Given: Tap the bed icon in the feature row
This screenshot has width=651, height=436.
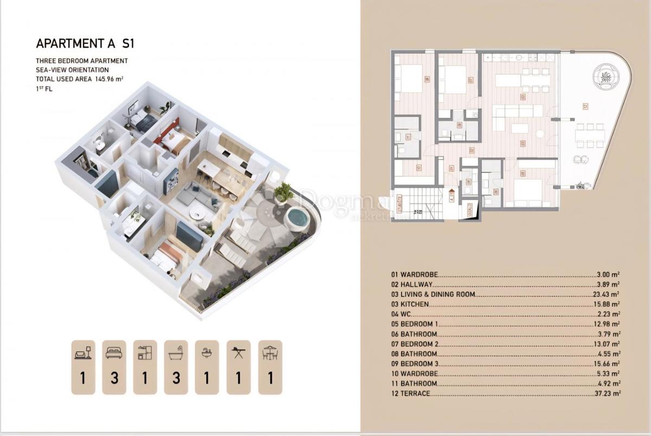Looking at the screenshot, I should coord(114,352).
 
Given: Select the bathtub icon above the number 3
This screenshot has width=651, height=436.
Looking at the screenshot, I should coord(176,352).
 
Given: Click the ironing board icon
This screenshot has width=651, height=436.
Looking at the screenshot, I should coord(238,352).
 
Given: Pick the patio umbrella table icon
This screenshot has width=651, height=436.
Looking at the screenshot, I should coord(270,352).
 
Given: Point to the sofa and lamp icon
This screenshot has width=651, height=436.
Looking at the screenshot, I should coord(83,352).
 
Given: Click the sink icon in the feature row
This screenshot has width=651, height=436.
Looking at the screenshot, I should coord(207,352).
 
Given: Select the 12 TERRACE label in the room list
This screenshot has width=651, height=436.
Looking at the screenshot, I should coord(411,394).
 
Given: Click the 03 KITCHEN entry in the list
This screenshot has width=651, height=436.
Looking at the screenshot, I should coord(410,304).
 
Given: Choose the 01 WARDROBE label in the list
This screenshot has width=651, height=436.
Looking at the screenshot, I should coord(414,274).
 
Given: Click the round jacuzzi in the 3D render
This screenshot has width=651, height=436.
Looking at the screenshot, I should coord(297,218).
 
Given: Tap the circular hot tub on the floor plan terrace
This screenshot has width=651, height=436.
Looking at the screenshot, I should coord(604,75).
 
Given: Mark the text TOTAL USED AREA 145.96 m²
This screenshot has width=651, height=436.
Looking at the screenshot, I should coord(79,79).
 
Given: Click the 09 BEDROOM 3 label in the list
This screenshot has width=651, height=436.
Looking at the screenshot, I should coord(414,364).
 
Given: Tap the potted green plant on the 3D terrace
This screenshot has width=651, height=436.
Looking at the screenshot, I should coord(283,191).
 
